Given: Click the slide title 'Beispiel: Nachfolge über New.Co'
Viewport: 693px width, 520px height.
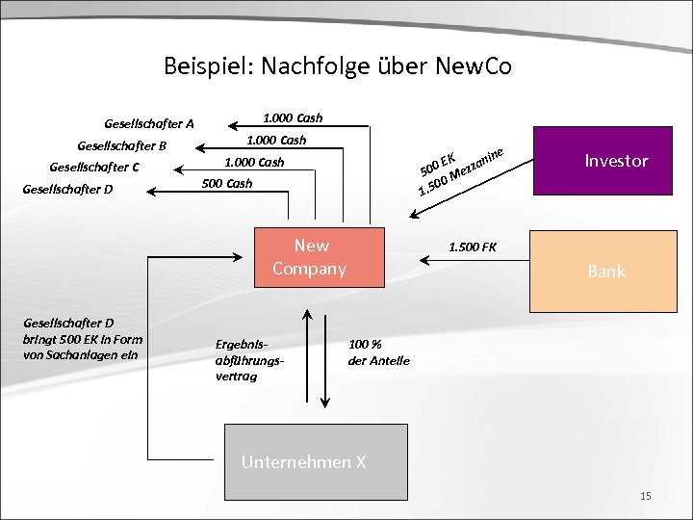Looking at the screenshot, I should [337, 66].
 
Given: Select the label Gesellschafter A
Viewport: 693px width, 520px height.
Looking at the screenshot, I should [149, 123].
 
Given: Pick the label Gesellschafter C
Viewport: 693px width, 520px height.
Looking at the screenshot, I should [94, 167].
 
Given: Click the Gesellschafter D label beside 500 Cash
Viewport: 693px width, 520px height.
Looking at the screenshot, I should [67, 189].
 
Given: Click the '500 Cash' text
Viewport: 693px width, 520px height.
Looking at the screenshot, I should [227, 183].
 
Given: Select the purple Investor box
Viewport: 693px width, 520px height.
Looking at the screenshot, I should [616, 161].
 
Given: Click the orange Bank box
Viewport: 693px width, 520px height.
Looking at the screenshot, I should [605, 272].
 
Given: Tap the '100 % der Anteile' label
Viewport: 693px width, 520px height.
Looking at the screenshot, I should [378, 351].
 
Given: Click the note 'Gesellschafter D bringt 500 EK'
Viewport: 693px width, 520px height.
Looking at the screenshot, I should [82, 338].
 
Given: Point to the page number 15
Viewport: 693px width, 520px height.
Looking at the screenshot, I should [645, 495].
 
